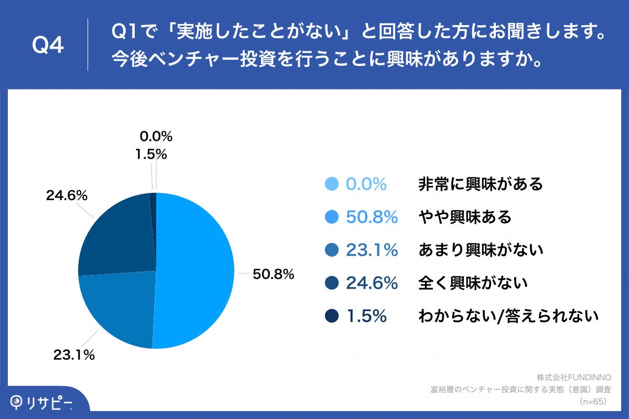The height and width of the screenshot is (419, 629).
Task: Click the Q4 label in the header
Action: coord(48,46)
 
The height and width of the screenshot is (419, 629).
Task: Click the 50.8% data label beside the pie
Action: coord(273,274)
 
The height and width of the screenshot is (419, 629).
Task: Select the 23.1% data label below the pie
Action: coord(74,355)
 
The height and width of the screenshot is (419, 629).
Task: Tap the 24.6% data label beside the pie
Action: coord(67,196)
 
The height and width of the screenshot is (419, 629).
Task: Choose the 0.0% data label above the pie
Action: coord(156,137)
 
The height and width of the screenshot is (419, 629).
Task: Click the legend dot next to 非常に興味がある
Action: coord(331,184)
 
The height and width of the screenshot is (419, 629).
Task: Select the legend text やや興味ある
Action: coord(464,217)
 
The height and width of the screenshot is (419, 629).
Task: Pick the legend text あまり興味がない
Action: coord(480,250)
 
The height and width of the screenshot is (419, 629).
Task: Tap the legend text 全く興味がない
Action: coord(472,283)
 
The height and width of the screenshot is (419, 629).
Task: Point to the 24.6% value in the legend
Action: coord(372,283)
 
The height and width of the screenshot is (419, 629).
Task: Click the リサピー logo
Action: coord(42,402)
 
